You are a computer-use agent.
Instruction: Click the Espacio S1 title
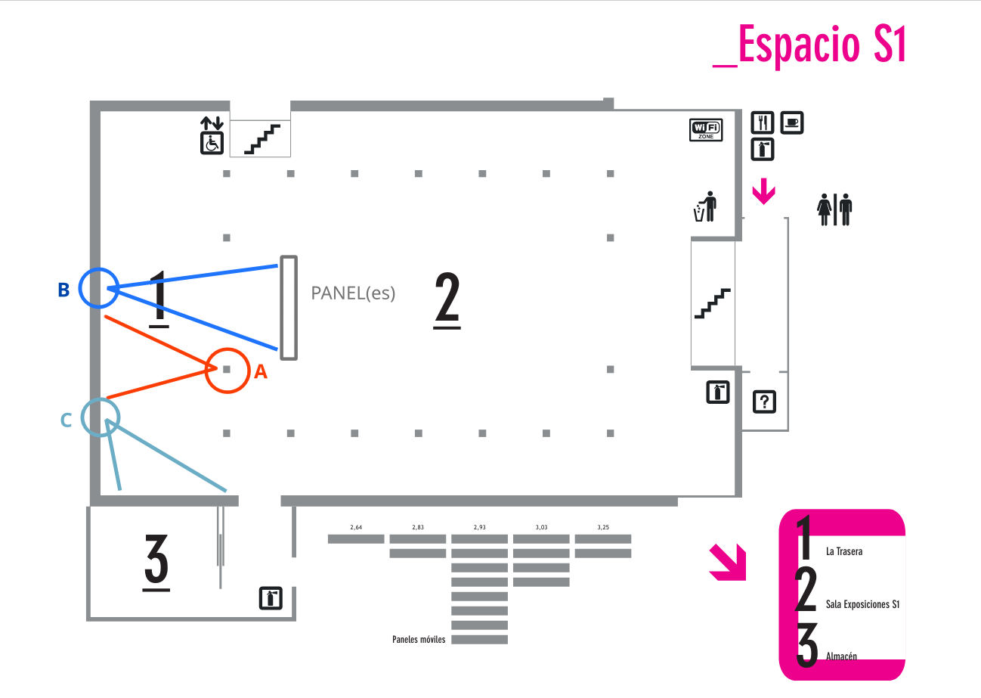click(x=809, y=45)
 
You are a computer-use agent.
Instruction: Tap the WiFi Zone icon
click(x=706, y=130)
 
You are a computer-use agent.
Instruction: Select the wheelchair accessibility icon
click(x=212, y=143)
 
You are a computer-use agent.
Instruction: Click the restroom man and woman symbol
click(x=834, y=209)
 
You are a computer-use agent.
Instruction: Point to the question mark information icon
click(x=764, y=402)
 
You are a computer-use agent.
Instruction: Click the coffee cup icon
click(x=792, y=123)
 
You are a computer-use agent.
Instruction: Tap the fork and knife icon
click(x=763, y=123)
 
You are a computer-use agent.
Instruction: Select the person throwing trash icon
click(x=705, y=206)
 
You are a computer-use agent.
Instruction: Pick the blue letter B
click(x=63, y=290)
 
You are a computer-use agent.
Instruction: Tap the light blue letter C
click(x=66, y=420)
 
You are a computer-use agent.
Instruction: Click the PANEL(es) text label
click(x=353, y=293)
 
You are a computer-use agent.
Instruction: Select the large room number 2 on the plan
click(x=447, y=299)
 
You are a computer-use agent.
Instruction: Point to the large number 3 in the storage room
click(x=156, y=563)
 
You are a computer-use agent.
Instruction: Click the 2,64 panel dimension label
click(x=356, y=527)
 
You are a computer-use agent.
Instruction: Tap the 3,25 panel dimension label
click(x=603, y=527)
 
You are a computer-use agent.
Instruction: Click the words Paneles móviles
click(x=419, y=639)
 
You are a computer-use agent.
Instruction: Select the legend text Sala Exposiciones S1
click(x=862, y=604)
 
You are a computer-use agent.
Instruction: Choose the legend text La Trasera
click(x=844, y=551)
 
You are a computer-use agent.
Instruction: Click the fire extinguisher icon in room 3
click(x=271, y=598)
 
